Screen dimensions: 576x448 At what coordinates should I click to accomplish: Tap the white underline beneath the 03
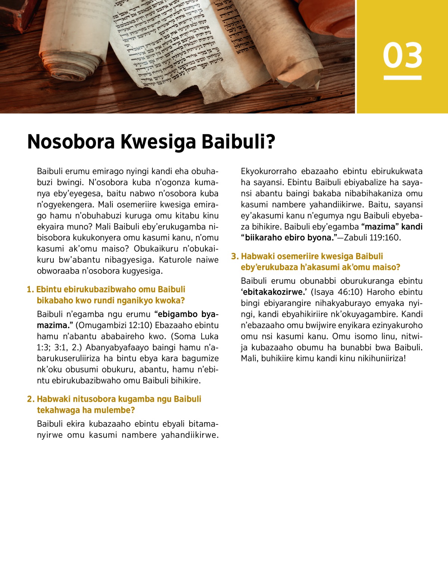(x=402, y=78)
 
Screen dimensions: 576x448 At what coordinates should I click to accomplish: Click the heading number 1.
(x=30, y=290)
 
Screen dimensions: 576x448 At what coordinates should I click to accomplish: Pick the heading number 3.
(x=234, y=256)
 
